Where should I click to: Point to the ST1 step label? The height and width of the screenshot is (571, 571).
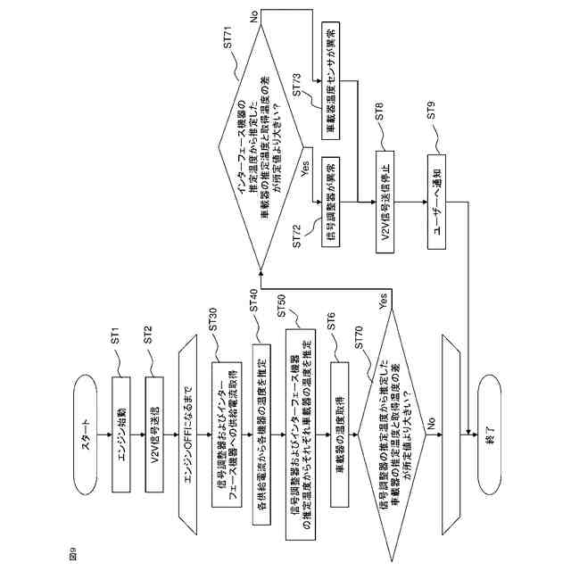(116, 339)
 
